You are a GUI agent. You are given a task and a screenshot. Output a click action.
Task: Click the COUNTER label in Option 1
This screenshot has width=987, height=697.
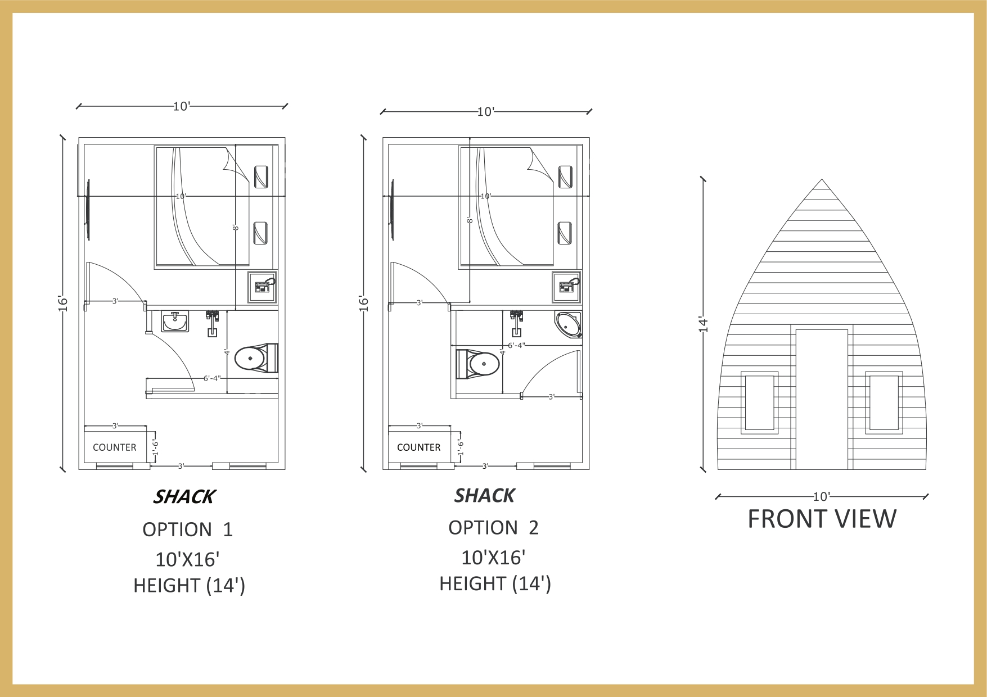(114, 447)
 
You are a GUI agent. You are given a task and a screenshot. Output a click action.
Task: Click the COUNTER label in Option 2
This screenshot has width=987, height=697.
(418, 447)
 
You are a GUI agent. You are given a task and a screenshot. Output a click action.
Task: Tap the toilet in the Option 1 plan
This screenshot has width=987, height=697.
(256, 357)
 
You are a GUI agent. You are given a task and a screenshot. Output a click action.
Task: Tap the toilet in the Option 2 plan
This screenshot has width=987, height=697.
(477, 364)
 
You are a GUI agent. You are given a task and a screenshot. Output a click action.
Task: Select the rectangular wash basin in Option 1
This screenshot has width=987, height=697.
(174, 322)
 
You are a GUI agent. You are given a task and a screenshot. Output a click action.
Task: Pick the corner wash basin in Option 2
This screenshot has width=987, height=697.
(568, 324)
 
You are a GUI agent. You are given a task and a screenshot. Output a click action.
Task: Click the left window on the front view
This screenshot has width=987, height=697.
(760, 402)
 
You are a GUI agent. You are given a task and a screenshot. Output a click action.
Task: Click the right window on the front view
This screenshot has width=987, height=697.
(884, 402)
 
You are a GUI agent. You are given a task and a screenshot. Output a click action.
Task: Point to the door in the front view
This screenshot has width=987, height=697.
(822, 400)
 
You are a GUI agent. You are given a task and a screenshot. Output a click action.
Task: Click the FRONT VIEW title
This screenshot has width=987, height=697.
(822, 519)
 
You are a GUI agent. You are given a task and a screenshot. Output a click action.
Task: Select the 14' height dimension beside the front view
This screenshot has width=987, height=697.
(703, 324)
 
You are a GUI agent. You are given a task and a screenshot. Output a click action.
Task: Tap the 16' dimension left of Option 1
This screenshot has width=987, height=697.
(63, 303)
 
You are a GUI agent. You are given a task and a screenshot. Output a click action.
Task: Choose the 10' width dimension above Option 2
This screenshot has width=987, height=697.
(485, 112)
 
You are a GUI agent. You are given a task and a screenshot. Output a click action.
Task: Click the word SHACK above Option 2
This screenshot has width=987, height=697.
(484, 496)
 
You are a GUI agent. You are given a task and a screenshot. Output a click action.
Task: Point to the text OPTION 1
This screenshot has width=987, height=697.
(187, 529)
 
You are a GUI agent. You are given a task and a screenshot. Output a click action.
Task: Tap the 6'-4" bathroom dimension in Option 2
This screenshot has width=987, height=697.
(516, 345)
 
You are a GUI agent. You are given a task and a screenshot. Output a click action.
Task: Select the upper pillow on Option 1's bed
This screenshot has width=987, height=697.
(261, 176)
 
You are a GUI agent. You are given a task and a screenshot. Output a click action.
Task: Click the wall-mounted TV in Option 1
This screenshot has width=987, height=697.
(88, 210)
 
